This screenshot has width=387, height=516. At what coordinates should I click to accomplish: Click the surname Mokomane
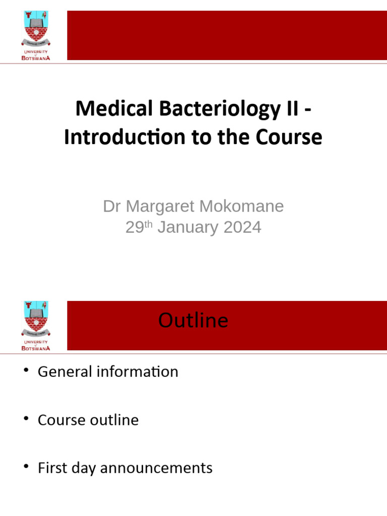click(241, 206)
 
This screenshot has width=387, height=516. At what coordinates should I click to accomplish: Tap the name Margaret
click(161, 206)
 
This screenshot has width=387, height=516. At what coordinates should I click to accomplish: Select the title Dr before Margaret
click(112, 206)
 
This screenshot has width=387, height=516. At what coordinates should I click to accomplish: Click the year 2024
click(242, 227)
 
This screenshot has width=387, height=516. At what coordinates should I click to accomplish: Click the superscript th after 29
click(149, 223)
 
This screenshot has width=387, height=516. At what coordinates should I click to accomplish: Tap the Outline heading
click(193, 320)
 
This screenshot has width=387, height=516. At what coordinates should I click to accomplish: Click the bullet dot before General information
click(26, 371)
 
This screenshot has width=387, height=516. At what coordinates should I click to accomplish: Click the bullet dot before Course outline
click(26, 419)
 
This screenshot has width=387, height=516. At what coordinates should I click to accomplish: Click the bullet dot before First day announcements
click(26, 468)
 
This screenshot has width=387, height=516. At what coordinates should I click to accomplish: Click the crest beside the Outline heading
click(36, 320)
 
